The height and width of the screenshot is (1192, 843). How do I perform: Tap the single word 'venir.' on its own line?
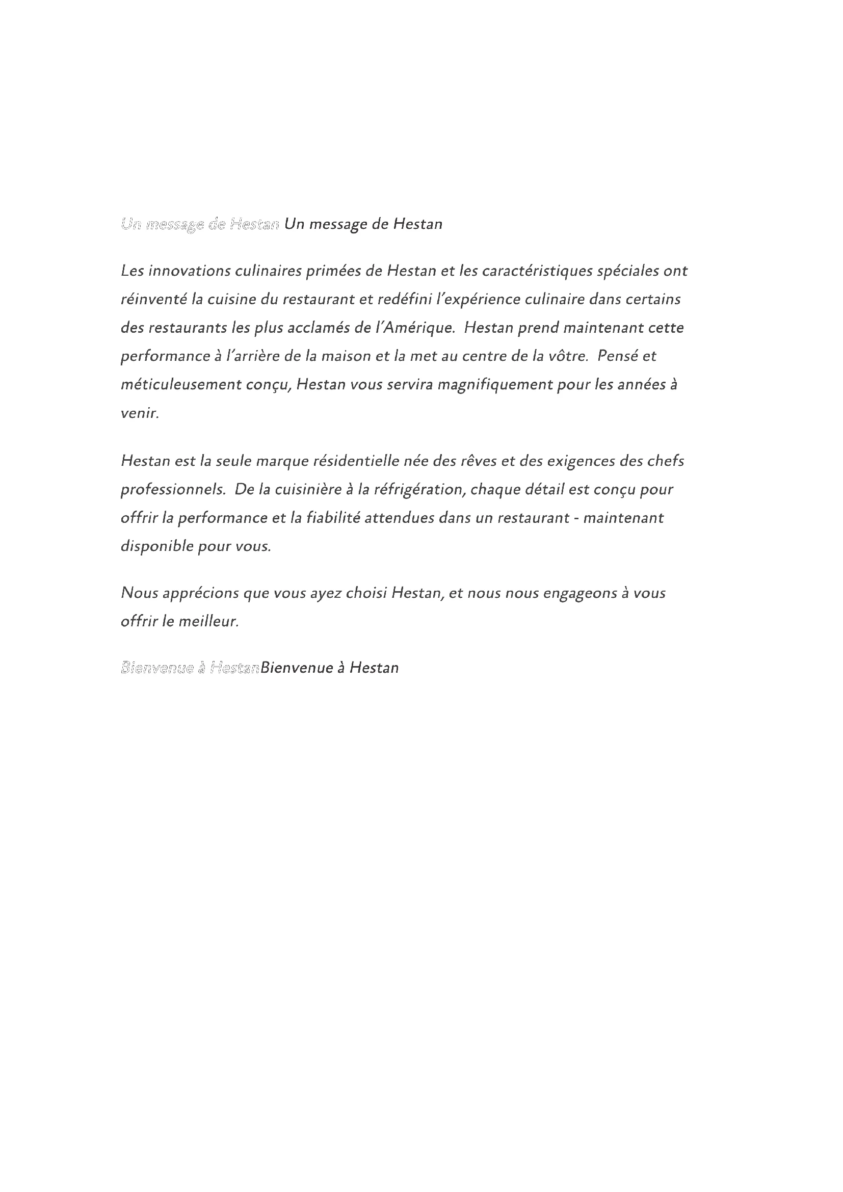140,413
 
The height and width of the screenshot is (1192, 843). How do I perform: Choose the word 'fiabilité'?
333,518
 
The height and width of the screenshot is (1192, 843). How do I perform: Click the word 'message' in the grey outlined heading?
175,224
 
